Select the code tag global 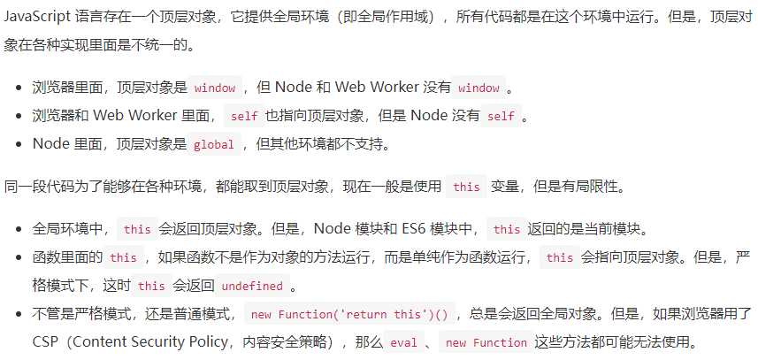click(x=213, y=144)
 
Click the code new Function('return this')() click(x=350, y=315)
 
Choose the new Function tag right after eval click(x=487, y=343)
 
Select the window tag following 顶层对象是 click(x=214, y=88)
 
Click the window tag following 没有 click(x=479, y=88)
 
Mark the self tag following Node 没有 click(x=500, y=116)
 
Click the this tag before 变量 click(x=465, y=188)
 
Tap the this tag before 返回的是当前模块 click(x=507, y=229)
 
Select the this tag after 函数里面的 click(x=123, y=258)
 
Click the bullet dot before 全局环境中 click(x=19, y=229)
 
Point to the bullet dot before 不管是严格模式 click(x=19, y=315)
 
